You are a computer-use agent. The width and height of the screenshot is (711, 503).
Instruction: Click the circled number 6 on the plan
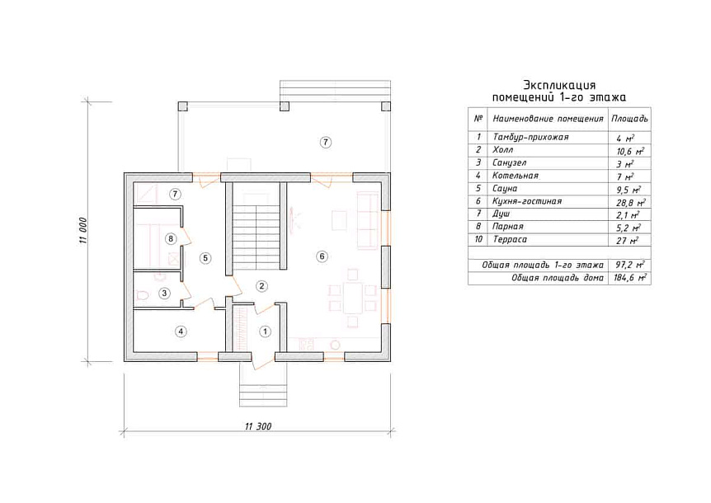pyautogui.click(x=322, y=256)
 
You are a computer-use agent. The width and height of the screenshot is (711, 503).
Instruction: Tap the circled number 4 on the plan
pyautogui.click(x=181, y=331)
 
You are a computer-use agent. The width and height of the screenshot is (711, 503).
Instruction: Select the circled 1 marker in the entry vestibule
pyautogui.click(x=266, y=331)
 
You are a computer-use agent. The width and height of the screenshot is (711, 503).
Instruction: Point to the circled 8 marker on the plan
pyautogui.click(x=171, y=238)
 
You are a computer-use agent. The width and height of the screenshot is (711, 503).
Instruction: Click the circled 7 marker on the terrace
pyautogui.click(x=325, y=143)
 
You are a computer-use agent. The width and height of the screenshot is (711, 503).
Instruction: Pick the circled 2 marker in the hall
pyautogui.click(x=261, y=286)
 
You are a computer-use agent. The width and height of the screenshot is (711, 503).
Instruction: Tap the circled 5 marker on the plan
pyautogui.click(x=205, y=258)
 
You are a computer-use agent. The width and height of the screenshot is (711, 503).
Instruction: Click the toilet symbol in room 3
pyautogui.click(x=143, y=295)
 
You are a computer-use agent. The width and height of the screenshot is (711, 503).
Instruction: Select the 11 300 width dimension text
pyautogui.click(x=258, y=426)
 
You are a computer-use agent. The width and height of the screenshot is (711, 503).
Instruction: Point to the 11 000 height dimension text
pyautogui.click(x=83, y=232)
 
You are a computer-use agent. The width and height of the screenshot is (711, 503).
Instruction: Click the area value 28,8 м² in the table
pyautogui.click(x=630, y=203)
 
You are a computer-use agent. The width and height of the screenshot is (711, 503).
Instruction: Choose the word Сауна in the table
pyautogui.click(x=505, y=189)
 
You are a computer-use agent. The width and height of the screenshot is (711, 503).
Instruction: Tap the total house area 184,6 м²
pyautogui.click(x=630, y=277)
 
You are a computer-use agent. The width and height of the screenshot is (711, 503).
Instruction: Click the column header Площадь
pyautogui.click(x=629, y=119)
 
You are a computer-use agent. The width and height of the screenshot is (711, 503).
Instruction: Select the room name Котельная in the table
pyautogui.click(x=516, y=176)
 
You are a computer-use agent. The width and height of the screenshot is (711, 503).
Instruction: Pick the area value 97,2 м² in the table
pyautogui.click(x=630, y=265)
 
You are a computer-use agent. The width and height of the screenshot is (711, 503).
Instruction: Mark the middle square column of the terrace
pyautogui.click(x=285, y=106)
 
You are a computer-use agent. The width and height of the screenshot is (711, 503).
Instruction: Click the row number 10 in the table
pyautogui.click(x=478, y=239)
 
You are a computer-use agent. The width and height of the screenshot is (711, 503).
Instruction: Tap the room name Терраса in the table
pyautogui.click(x=510, y=239)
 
